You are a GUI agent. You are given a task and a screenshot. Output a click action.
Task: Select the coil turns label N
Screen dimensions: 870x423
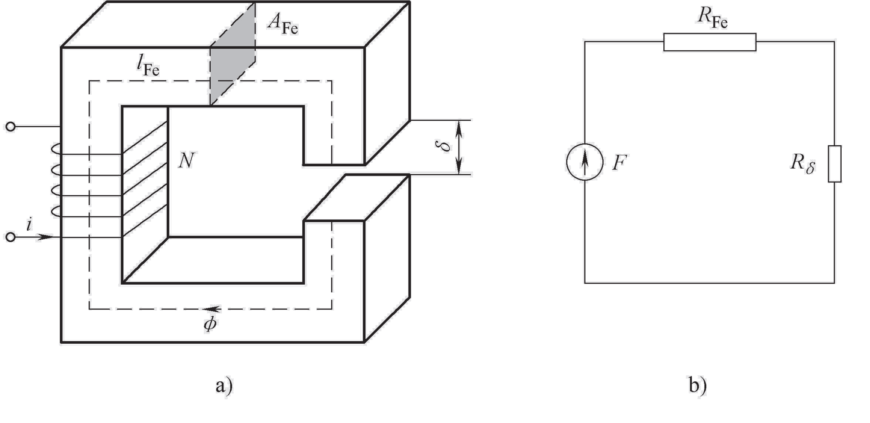(x=185, y=160)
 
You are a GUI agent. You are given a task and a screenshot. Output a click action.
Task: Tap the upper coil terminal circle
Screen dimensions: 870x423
(x=10, y=127)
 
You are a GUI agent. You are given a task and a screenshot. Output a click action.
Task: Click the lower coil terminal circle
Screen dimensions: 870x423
(x=10, y=237)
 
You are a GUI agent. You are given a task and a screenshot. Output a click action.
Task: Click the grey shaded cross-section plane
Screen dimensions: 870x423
(x=233, y=55)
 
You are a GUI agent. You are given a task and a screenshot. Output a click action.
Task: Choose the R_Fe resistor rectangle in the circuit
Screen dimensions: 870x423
(x=710, y=43)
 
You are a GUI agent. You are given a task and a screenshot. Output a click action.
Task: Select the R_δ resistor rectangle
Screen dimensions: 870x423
(x=835, y=163)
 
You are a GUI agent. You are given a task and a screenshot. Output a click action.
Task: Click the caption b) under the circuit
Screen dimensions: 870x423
(x=698, y=386)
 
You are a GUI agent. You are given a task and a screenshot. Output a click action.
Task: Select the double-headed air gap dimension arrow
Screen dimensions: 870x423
(x=460, y=147)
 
